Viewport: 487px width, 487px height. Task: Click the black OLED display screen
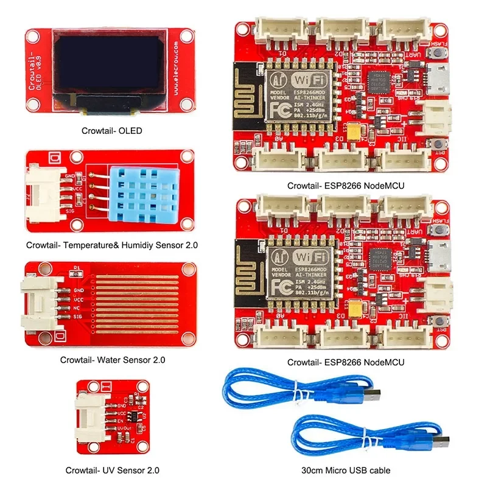[x=108, y=64]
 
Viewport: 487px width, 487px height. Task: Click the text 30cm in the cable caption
[x=313, y=470]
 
